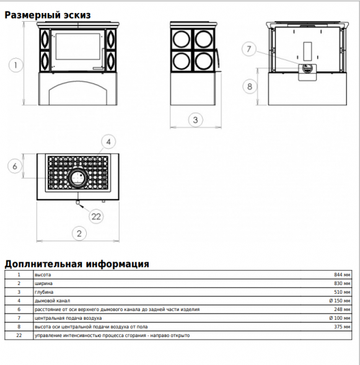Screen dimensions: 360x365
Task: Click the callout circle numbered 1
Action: coord(15,65)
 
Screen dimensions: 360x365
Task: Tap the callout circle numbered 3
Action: coord(195,120)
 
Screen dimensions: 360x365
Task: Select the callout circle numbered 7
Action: coord(249,49)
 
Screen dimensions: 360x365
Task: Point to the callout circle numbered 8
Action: coord(250,87)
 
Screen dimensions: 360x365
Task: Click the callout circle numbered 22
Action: coord(96,216)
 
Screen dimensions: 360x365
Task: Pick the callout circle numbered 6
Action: coord(15,166)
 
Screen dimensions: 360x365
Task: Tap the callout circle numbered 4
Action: coord(108,142)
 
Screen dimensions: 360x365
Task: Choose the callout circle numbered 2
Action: coord(79,233)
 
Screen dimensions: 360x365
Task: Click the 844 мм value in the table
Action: coord(342,275)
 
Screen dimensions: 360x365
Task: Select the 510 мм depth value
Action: coord(342,292)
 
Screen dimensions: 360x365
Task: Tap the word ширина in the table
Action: coord(43,284)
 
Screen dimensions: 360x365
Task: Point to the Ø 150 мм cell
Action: coord(340,301)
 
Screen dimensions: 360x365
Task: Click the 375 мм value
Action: coord(342,327)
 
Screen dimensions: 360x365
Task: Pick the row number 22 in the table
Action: coord(19,335)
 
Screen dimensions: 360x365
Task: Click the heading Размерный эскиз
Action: coord(48,15)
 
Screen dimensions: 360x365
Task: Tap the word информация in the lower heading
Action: coord(118,264)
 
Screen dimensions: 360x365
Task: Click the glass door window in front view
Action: coord(77,46)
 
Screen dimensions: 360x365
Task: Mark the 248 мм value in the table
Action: coord(342,309)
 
